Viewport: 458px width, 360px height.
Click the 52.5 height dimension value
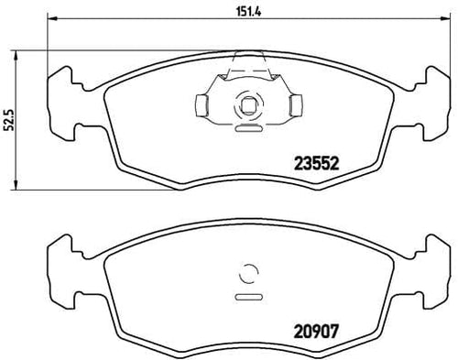pos(9,120)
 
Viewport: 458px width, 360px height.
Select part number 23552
pos(316,164)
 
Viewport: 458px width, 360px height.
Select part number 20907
pos(316,331)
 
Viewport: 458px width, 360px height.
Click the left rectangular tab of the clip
pos(202,105)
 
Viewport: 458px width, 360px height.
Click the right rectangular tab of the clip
pos(296,105)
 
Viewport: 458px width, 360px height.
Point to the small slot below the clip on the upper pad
pos(248,128)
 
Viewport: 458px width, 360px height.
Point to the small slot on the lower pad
pos(248,297)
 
